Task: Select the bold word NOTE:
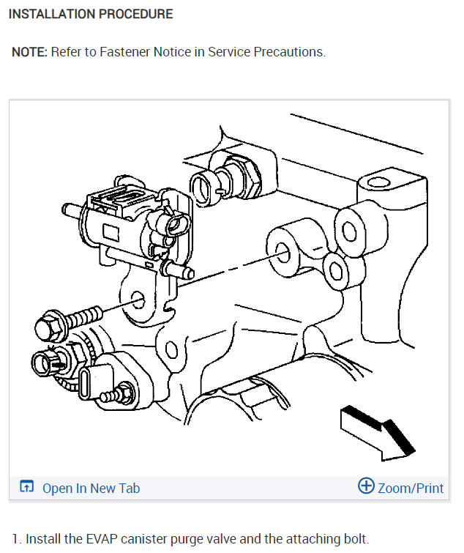click(29, 53)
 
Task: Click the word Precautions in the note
click(287, 53)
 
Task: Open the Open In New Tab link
click(91, 488)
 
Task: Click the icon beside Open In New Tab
click(27, 487)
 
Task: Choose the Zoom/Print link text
click(411, 488)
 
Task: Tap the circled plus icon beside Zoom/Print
click(366, 486)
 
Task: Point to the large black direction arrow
click(378, 433)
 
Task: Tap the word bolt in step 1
click(355, 539)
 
